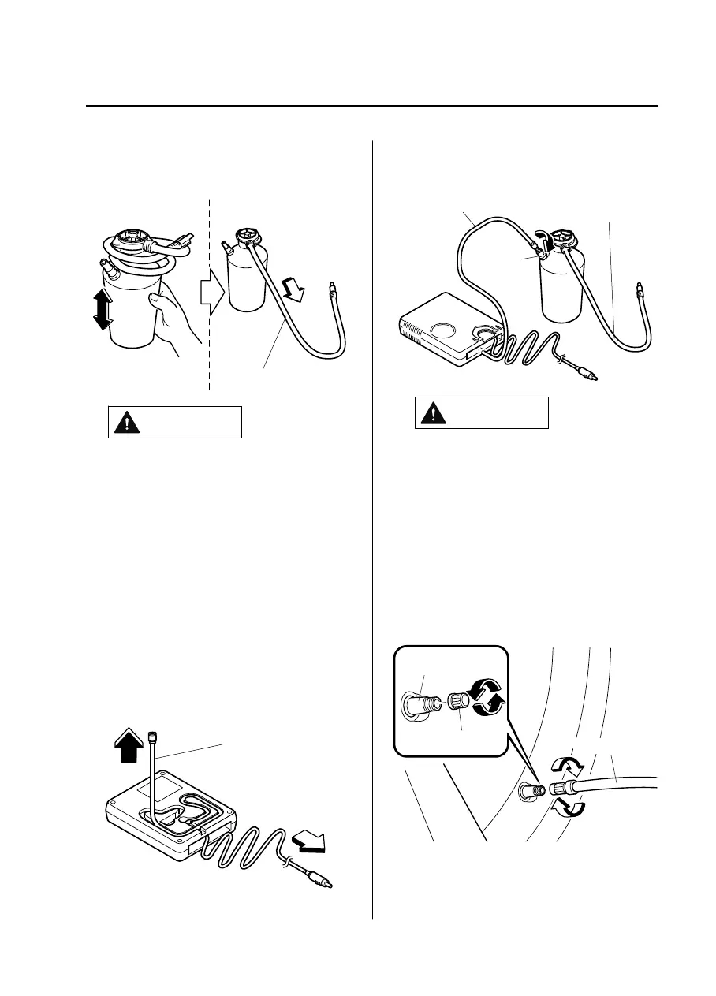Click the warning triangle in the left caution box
pos(125,423)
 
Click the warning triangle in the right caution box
pos(432,413)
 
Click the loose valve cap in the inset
pos(457,700)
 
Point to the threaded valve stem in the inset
pos(427,698)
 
